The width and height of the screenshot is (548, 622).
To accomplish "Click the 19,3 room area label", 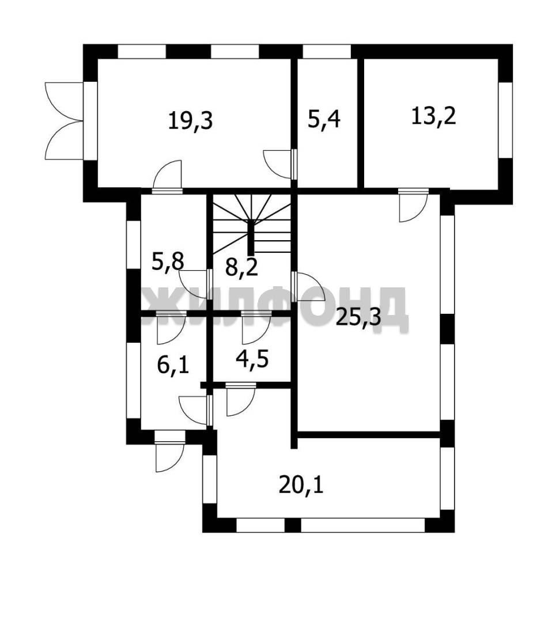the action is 191,120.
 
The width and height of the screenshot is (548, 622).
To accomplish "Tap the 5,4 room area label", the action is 324,119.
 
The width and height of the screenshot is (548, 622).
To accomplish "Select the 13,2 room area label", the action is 433,116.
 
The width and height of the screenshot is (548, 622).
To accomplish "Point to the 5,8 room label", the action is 168,262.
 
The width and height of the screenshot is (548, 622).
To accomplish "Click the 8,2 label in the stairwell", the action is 241,267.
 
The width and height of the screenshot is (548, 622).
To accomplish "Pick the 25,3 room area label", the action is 358,317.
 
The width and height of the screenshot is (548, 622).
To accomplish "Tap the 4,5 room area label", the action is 252,359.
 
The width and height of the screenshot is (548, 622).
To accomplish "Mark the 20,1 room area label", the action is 301,485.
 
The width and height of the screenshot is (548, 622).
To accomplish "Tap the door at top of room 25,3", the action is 414,205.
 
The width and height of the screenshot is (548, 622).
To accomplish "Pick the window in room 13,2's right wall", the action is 505,120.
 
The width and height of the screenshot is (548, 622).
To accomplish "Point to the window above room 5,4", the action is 327,52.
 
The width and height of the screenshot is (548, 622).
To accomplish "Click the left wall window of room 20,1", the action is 210,479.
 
